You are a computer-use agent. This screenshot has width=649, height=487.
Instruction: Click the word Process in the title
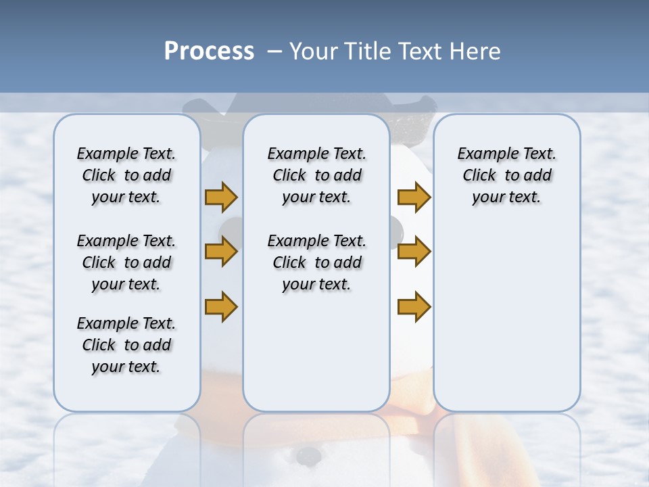click(x=209, y=51)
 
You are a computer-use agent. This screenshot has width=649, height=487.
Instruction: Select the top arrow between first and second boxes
click(x=221, y=198)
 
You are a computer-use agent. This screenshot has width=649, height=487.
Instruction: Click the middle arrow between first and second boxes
click(x=221, y=252)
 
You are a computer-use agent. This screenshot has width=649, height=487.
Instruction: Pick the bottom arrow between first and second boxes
click(x=221, y=306)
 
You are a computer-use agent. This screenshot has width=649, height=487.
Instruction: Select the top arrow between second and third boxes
click(x=414, y=198)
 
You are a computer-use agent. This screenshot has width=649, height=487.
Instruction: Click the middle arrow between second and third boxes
click(x=414, y=252)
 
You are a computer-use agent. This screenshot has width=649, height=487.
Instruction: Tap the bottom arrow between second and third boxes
click(x=414, y=306)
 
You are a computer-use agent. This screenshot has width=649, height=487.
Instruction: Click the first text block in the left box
click(x=126, y=175)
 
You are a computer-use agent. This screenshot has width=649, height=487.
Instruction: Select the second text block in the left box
click(x=126, y=262)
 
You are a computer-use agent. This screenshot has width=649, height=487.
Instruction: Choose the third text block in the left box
click(x=126, y=345)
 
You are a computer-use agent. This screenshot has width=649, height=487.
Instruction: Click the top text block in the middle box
click(x=316, y=175)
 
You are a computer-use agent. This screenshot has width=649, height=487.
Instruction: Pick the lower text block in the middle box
click(x=316, y=262)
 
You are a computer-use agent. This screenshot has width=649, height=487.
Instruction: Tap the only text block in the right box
click(x=506, y=175)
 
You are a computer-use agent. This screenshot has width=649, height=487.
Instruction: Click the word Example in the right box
click(x=483, y=154)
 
